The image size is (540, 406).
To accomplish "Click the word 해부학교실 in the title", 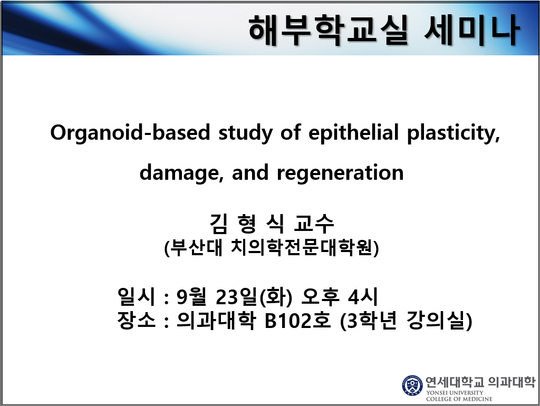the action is pos(328,30).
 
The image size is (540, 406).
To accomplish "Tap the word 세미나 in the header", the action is pos(471,30).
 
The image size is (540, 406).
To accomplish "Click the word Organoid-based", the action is pos(130,133).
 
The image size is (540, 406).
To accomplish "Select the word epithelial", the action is pos(353,132).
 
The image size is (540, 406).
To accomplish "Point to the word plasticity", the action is pos(454,133).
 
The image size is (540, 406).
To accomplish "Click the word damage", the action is pos(181,172).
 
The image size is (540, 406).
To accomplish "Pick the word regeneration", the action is pos(340,173).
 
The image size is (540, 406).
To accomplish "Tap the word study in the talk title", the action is pos(245,133).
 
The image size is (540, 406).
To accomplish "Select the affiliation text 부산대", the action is pos(196,247).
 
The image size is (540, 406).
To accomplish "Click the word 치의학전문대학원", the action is pos(302,247).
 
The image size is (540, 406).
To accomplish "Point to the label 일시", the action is pos(137,296).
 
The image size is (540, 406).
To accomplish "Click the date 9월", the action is pos(191,296).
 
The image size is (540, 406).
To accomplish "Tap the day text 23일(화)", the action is pos(254,296).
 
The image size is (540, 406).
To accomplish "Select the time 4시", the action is pos(363,296).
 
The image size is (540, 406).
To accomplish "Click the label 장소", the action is pos(137,321).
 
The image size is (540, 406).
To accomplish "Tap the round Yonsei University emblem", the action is pos(412,385).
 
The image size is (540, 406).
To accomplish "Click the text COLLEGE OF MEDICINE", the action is pos(459,399).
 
